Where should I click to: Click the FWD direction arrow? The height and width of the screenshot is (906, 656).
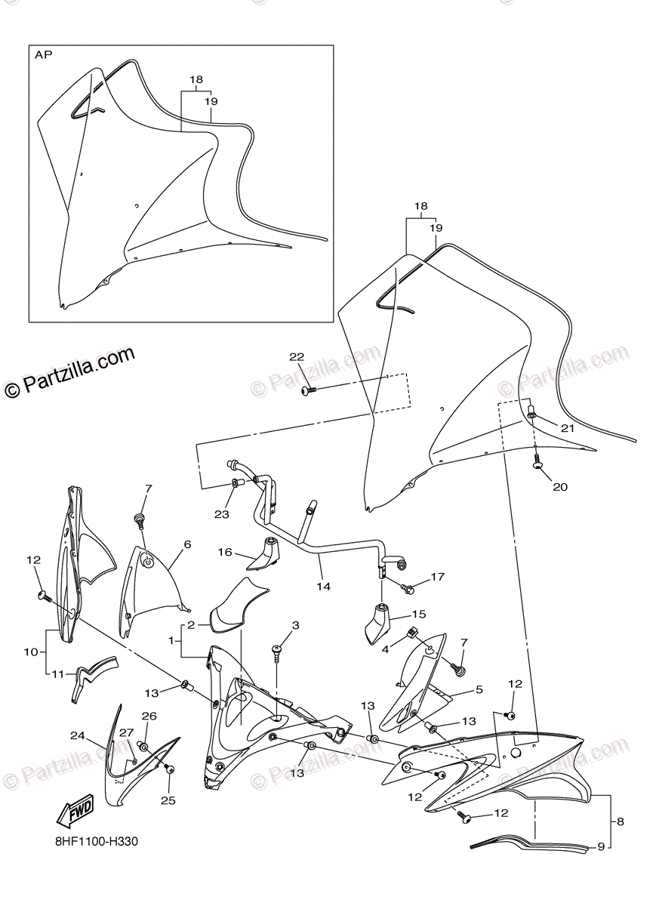coord(73,812)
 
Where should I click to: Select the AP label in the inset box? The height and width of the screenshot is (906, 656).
coord(44,56)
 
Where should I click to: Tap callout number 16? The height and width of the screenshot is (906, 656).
coord(225,553)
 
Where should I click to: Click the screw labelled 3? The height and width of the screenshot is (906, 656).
coord(278,650)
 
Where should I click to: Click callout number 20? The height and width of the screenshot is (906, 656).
coord(559,487)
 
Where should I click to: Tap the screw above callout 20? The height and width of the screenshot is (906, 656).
coord(537,462)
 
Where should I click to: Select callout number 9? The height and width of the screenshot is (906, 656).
coord(602,847)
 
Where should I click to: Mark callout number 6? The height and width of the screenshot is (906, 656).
coord(187,544)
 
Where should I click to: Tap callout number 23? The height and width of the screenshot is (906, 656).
coord(220,514)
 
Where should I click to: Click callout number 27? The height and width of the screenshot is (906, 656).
coord(125,732)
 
